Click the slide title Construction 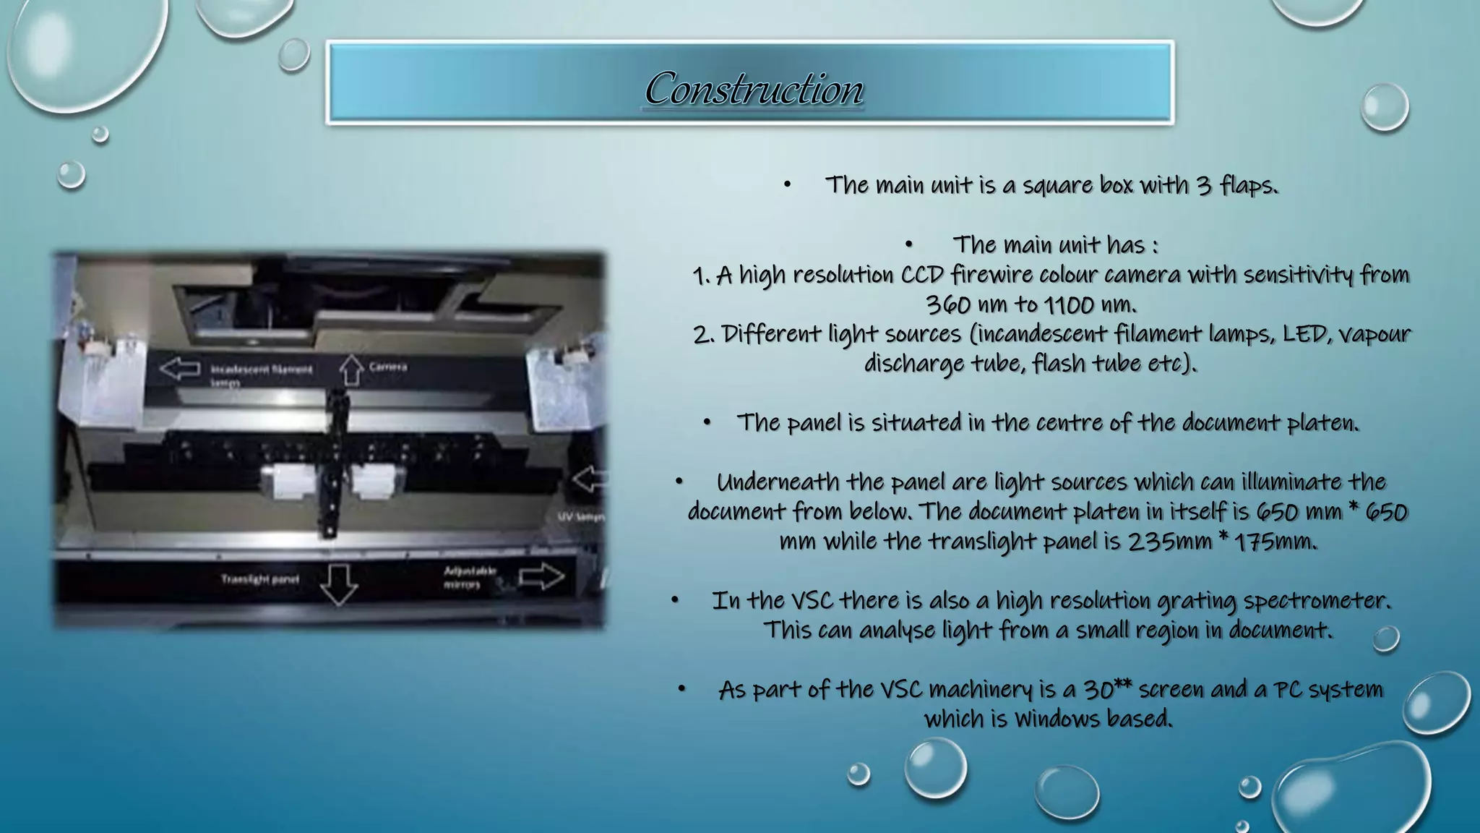[754, 88]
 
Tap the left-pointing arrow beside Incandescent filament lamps [179, 368]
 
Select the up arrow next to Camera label [351, 369]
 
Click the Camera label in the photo [388, 367]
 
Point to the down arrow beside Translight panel [338, 584]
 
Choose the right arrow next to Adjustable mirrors [542, 576]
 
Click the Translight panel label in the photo [260, 579]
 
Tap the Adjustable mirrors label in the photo [470, 577]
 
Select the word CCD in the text [922, 275]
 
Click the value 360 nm [964, 304]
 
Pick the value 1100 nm [1090, 304]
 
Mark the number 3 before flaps [1203, 185]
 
